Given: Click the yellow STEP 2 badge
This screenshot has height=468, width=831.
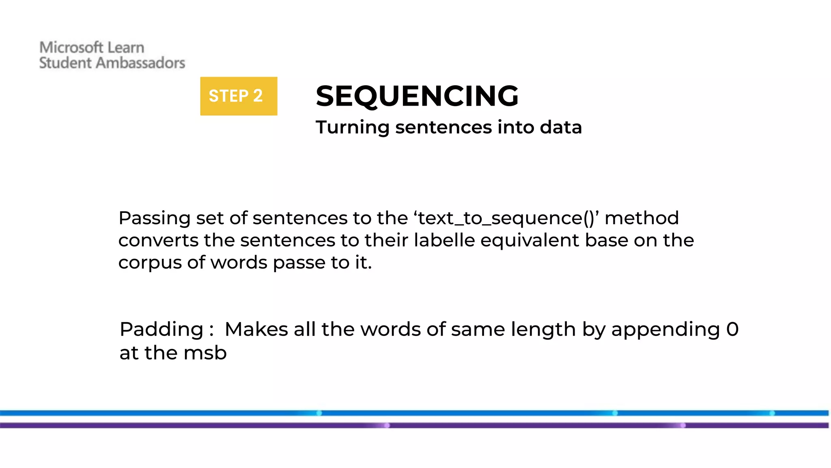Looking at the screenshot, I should tap(239, 96).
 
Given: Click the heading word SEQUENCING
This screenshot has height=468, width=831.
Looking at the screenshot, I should tap(417, 96).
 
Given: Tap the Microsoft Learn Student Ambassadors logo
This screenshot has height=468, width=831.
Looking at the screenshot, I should tap(112, 55).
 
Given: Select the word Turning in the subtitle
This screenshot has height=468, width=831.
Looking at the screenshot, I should tap(353, 128).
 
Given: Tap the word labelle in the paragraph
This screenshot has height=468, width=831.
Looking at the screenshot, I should tap(444, 240).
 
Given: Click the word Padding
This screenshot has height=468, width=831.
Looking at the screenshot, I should tap(161, 329).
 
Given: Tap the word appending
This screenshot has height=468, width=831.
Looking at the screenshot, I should tap(665, 329).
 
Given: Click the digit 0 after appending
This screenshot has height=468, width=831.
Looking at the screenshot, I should tap(732, 329).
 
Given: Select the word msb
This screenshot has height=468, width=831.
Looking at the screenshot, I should tap(205, 353).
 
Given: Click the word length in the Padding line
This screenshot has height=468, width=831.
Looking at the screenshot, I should tap(543, 329).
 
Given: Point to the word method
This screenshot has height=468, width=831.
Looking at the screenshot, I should tap(642, 218).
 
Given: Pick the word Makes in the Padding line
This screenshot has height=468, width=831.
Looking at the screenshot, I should tap(256, 329).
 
